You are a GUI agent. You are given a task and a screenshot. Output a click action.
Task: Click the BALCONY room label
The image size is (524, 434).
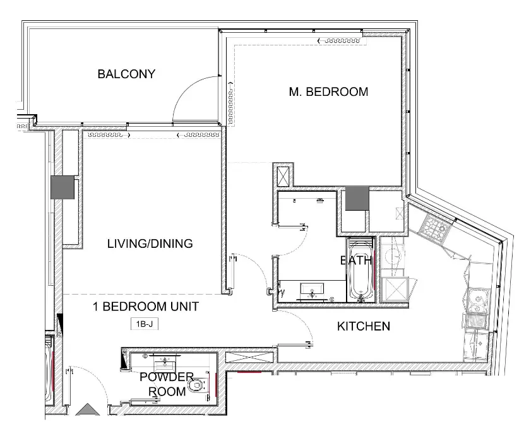(126, 74)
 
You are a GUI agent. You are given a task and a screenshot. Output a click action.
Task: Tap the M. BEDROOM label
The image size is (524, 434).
(328, 91)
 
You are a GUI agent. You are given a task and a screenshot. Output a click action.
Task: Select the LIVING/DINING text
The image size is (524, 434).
(150, 243)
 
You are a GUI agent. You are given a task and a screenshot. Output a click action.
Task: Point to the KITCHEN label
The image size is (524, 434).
(363, 326)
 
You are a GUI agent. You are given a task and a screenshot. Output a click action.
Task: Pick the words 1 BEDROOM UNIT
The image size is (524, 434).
(146, 307)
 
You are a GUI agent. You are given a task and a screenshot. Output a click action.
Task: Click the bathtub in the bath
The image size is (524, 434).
(361, 270)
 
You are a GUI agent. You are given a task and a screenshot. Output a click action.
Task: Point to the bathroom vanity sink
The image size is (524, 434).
(314, 291)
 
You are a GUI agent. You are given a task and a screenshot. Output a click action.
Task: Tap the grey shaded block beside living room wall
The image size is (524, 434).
(63, 187)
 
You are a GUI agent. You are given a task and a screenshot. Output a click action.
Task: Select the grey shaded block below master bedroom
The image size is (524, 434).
(355, 199)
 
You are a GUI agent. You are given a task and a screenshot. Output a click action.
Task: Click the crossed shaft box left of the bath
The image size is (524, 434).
(282, 174)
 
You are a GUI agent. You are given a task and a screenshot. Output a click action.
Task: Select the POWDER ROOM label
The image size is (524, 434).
(167, 384)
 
